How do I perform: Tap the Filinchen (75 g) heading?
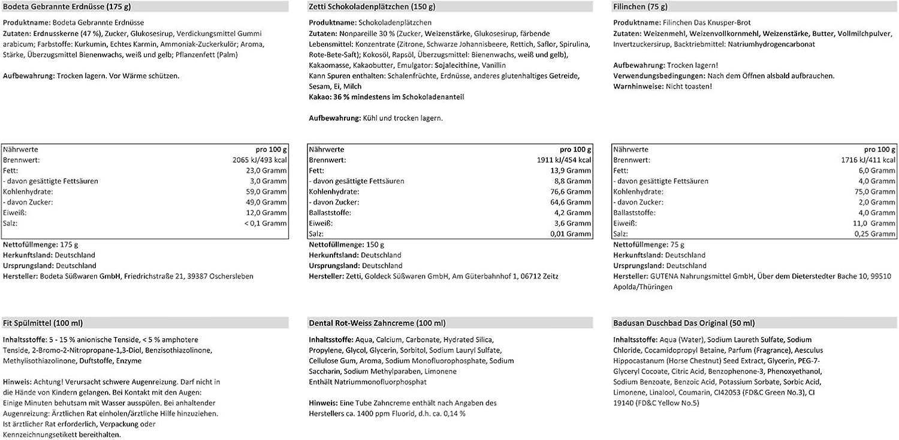(x=641, y=8)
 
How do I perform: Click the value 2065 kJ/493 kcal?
(x=260, y=160)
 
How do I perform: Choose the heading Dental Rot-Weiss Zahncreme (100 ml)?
(x=377, y=323)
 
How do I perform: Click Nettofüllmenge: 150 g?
(x=346, y=245)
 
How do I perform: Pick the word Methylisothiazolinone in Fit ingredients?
(x=37, y=360)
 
